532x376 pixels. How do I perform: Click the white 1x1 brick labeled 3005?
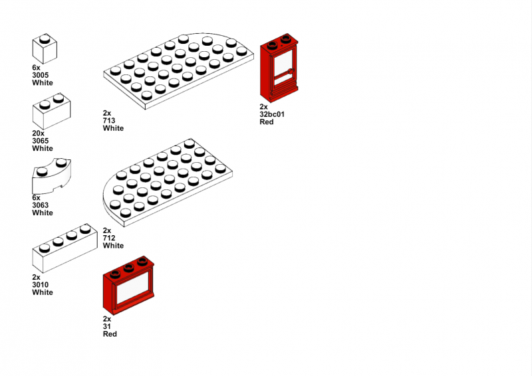[45, 48]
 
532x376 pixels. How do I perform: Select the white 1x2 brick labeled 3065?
[52, 111]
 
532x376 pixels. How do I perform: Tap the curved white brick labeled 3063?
[52, 175]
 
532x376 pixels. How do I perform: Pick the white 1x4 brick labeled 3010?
[65, 248]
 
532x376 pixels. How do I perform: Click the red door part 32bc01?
[279, 68]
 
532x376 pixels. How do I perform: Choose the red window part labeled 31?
[128, 286]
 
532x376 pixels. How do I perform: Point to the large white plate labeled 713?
[178, 71]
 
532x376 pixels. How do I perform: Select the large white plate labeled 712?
[168, 183]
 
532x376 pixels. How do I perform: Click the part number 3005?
[41, 75]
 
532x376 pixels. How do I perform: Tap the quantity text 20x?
[39, 134]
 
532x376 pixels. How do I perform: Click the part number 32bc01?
[272, 114]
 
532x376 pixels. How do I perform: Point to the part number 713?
[109, 121]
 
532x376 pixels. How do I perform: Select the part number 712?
[109, 238]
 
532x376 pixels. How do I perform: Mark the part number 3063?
[41, 205]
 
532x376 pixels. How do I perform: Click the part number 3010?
[41, 285]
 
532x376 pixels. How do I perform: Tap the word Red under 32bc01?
[267, 122]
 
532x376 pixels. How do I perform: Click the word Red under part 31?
[110, 334]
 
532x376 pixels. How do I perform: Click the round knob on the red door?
[291, 71]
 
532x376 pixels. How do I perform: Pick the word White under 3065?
[43, 149]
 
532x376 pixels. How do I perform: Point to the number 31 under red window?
[107, 326]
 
